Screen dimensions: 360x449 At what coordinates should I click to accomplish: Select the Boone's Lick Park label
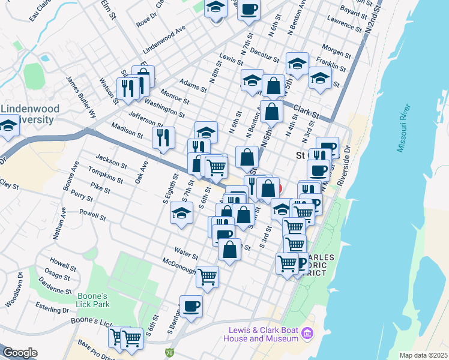92,301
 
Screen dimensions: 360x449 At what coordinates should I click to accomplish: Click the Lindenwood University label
28,114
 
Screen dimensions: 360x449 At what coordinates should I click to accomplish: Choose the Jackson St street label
112,161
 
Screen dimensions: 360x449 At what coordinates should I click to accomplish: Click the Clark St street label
306,112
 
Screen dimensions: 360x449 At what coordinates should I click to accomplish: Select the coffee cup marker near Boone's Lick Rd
191,306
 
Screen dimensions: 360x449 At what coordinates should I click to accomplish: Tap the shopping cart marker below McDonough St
207,277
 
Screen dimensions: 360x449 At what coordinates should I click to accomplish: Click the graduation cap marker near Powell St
181,214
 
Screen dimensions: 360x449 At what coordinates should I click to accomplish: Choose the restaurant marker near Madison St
163,137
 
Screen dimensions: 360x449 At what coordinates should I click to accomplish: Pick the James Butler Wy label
81,97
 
